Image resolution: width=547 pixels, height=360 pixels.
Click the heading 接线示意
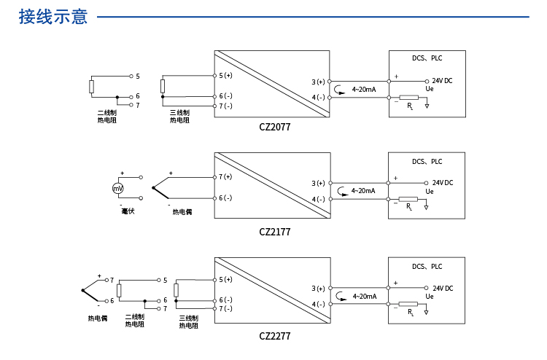[x=53, y=17]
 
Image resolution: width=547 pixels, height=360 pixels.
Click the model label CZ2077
[x=275, y=127]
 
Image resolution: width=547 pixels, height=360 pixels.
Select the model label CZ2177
[x=275, y=232]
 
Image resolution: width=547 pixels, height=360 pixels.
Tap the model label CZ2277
[x=275, y=337]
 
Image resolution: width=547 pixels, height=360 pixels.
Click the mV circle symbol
[x=117, y=189]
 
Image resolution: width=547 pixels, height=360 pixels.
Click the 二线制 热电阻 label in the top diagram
[x=107, y=117]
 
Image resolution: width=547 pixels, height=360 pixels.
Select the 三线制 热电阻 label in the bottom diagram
[x=189, y=322]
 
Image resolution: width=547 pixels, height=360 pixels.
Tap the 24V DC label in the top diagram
[x=442, y=81]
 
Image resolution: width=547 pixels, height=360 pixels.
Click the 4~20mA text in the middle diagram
[x=363, y=191]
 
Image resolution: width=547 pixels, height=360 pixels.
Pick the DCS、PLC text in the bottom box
[x=427, y=267]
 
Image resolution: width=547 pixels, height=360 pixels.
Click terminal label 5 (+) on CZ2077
[x=225, y=76]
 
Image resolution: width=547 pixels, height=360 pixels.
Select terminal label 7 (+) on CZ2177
[x=225, y=177]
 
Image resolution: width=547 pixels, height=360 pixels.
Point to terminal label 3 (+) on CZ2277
[x=318, y=289]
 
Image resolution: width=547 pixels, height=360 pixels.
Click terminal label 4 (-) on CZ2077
[x=318, y=98]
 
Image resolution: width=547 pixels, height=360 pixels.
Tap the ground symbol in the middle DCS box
[x=427, y=208]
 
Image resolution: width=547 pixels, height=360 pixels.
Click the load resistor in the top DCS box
[x=408, y=97]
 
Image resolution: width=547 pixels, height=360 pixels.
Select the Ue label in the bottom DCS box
[x=430, y=297]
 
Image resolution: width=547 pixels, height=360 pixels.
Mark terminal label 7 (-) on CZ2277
[x=225, y=309]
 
